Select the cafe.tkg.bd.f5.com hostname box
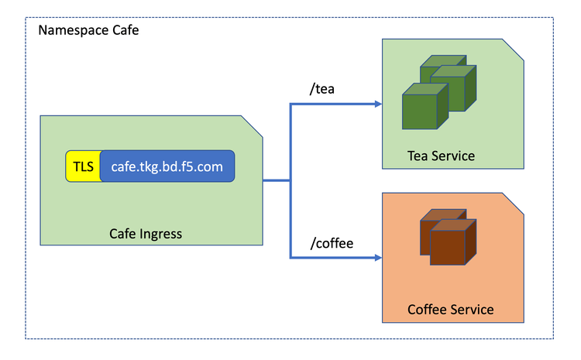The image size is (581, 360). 167,166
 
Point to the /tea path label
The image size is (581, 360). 322,89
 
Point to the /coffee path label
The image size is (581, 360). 331,243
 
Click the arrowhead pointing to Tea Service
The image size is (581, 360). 376,104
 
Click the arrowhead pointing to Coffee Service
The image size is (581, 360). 376,257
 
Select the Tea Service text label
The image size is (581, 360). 441,156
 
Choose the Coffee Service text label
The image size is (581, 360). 450,310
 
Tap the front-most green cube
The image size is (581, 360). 425,108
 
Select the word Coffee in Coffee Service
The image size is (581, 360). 428,310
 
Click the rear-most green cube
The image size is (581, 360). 444,67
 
